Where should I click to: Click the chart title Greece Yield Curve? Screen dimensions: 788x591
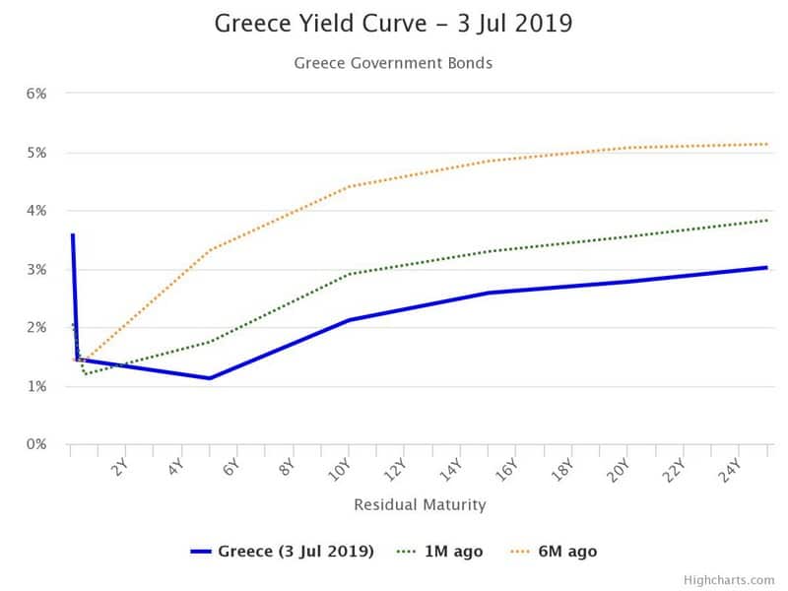[321, 24]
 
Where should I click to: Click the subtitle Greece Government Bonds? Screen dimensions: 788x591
[393, 63]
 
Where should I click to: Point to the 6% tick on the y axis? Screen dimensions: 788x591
[36, 94]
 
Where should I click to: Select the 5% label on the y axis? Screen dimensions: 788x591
[36, 153]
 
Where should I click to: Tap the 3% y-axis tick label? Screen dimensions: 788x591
[36, 270]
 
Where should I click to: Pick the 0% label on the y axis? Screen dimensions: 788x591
[36, 444]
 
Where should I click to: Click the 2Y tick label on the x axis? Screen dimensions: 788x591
[119, 467]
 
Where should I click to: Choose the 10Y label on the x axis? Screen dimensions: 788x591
[339, 470]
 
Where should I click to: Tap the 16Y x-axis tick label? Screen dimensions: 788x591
[506, 470]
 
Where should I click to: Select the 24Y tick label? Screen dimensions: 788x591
[730, 470]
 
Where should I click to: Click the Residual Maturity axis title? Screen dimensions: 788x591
[421, 504]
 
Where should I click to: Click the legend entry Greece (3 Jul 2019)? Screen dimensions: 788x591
[282, 552]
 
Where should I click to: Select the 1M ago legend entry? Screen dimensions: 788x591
[439, 552]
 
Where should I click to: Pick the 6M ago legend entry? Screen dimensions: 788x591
[554, 552]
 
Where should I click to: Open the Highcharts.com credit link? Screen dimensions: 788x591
[729, 580]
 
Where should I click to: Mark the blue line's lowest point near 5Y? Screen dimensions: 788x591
[210, 378]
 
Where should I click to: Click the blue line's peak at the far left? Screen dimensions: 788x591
[73, 234]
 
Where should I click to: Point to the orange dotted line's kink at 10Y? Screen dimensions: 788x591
[350, 186]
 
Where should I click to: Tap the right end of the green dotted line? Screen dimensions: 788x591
[767, 220]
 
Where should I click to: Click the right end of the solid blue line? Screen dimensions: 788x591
[766, 268]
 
